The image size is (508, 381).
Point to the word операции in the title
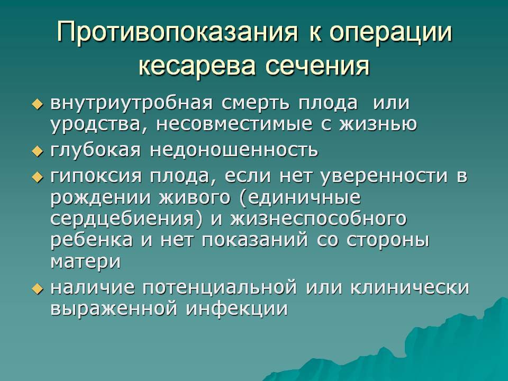pyautogui.click(x=390, y=32)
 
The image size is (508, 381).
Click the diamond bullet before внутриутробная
pyautogui.click(x=38, y=104)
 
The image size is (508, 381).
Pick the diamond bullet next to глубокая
pyautogui.click(x=38, y=151)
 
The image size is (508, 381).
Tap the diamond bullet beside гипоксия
pyautogui.click(x=38, y=177)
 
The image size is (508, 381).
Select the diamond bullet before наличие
pyautogui.click(x=38, y=288)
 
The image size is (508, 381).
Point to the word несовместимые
pyautogui.click(x=234, y=124)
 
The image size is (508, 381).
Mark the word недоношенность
pyautogui.click(x=234, y=150)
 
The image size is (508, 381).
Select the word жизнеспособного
pyautogui.click(x=319, y=219)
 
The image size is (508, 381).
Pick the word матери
pyautogui.click(x=86, y=262)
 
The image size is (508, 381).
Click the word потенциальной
pyautogui.click(x=220, y=288)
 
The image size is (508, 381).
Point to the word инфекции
pyautogui.click(x=237, y=309)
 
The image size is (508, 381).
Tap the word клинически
pyautogui.click(x=410, y=287)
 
